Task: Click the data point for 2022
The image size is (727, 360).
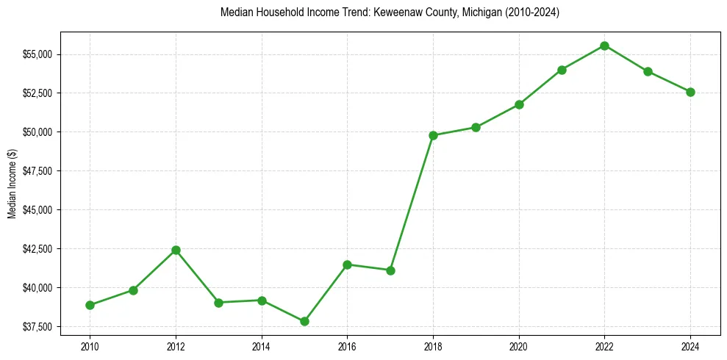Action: click(604, 46)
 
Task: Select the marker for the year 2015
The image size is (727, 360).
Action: click(304, 321)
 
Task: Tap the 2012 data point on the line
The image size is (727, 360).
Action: click(176, 250)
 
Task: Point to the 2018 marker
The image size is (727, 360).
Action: click(433, 135)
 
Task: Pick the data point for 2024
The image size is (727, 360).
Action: click(690, 92)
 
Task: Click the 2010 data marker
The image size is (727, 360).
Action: click(90, 305)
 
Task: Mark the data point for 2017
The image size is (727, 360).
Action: click(390, 270)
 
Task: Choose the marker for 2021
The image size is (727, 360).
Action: click(562, 70)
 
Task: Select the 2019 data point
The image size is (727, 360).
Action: click(476, 127)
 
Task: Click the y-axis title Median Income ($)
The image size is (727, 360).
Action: click(12, 183)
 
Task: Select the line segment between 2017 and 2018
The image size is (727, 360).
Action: click(412, 203)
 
